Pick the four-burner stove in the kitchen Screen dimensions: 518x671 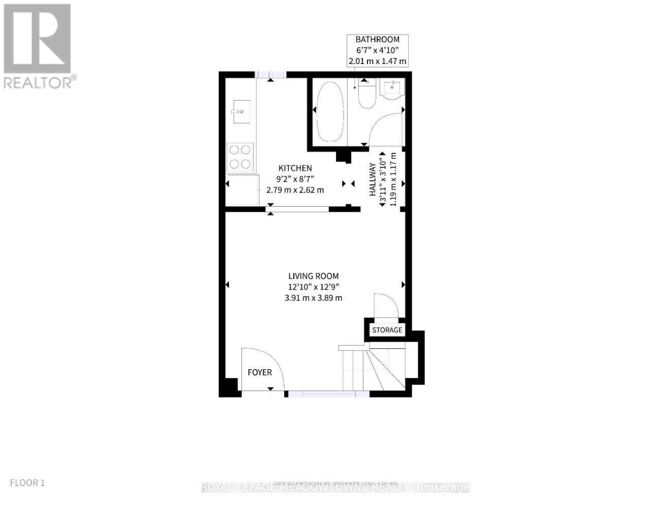click(x=240, y=156)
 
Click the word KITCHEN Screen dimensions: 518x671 click(x=295, y=168)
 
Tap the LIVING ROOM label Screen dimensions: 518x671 click(x=313, y=276)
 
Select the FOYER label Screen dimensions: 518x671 click(x=260, y=372)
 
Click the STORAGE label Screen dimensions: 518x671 click(x=387, y=330)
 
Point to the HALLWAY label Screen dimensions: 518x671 click(x=373, y=179)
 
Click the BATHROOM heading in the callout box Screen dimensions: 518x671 click(x=377, y=40)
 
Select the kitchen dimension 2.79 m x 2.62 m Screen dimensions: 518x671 click(x=295, y=190)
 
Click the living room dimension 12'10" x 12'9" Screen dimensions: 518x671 click(x=313, y=287)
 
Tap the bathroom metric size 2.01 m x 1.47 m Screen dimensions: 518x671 click(x=377, y=61)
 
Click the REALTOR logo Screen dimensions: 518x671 click(x=39, y=46)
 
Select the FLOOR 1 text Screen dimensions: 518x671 click(x=27, y=482)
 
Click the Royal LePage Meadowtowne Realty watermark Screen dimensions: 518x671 click(x=335, y=488)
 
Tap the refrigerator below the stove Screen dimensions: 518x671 click(x=242, y=190)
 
